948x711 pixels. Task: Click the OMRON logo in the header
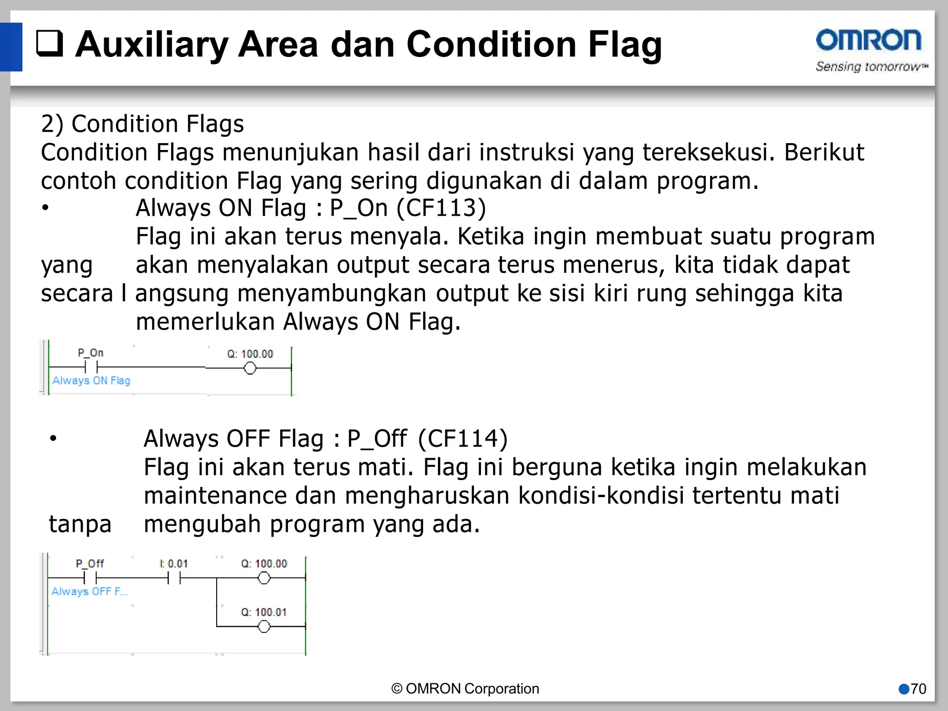[x=868, y=40]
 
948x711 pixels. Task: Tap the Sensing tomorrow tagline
[x=872, y=67]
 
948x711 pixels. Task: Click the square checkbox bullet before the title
[x=50, y=44]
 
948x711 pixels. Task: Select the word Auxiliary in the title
[x=151, y=44]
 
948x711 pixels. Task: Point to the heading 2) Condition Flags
[x=142, y=124]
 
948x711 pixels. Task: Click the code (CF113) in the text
[x=441, y=208]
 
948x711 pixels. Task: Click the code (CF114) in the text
[x=463, y=438]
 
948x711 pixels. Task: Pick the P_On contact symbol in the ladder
[x=91, y=368]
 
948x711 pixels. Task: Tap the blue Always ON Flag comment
[x=91, y=380]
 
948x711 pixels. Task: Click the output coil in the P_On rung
[x=250, y=368]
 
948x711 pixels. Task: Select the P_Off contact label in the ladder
[x=90, y=563]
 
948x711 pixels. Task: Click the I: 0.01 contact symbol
[x=174, y=578]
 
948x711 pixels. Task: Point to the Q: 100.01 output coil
[x=264, y=627]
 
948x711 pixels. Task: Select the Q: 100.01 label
[x=264, y=612]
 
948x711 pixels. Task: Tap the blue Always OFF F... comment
[x=89, y=592]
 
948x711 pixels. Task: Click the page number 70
[x=918, y=689]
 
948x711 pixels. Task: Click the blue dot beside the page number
[x=904, y=689]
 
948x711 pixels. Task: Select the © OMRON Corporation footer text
[x=465, y=689]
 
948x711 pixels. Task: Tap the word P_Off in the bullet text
[x=377, y=438]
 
